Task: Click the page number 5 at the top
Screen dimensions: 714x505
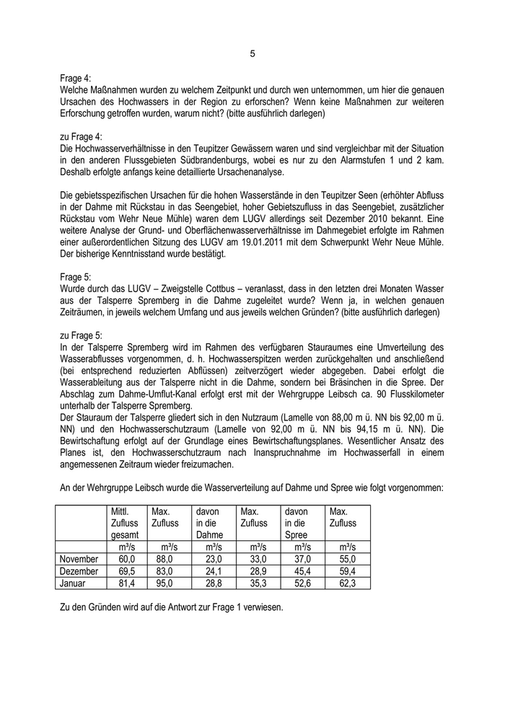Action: [x=252, y=53]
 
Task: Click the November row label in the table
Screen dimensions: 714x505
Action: [x=79, y=558]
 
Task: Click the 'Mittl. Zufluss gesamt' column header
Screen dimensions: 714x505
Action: [x=126, y=523]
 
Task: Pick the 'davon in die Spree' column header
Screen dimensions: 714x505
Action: [x=302, y=523]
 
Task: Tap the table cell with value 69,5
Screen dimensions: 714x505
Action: [x=126, y=570]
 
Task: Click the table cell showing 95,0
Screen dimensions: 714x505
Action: [x=168, y=582]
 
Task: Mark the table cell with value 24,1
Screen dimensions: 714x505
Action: [x=214, y=570]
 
